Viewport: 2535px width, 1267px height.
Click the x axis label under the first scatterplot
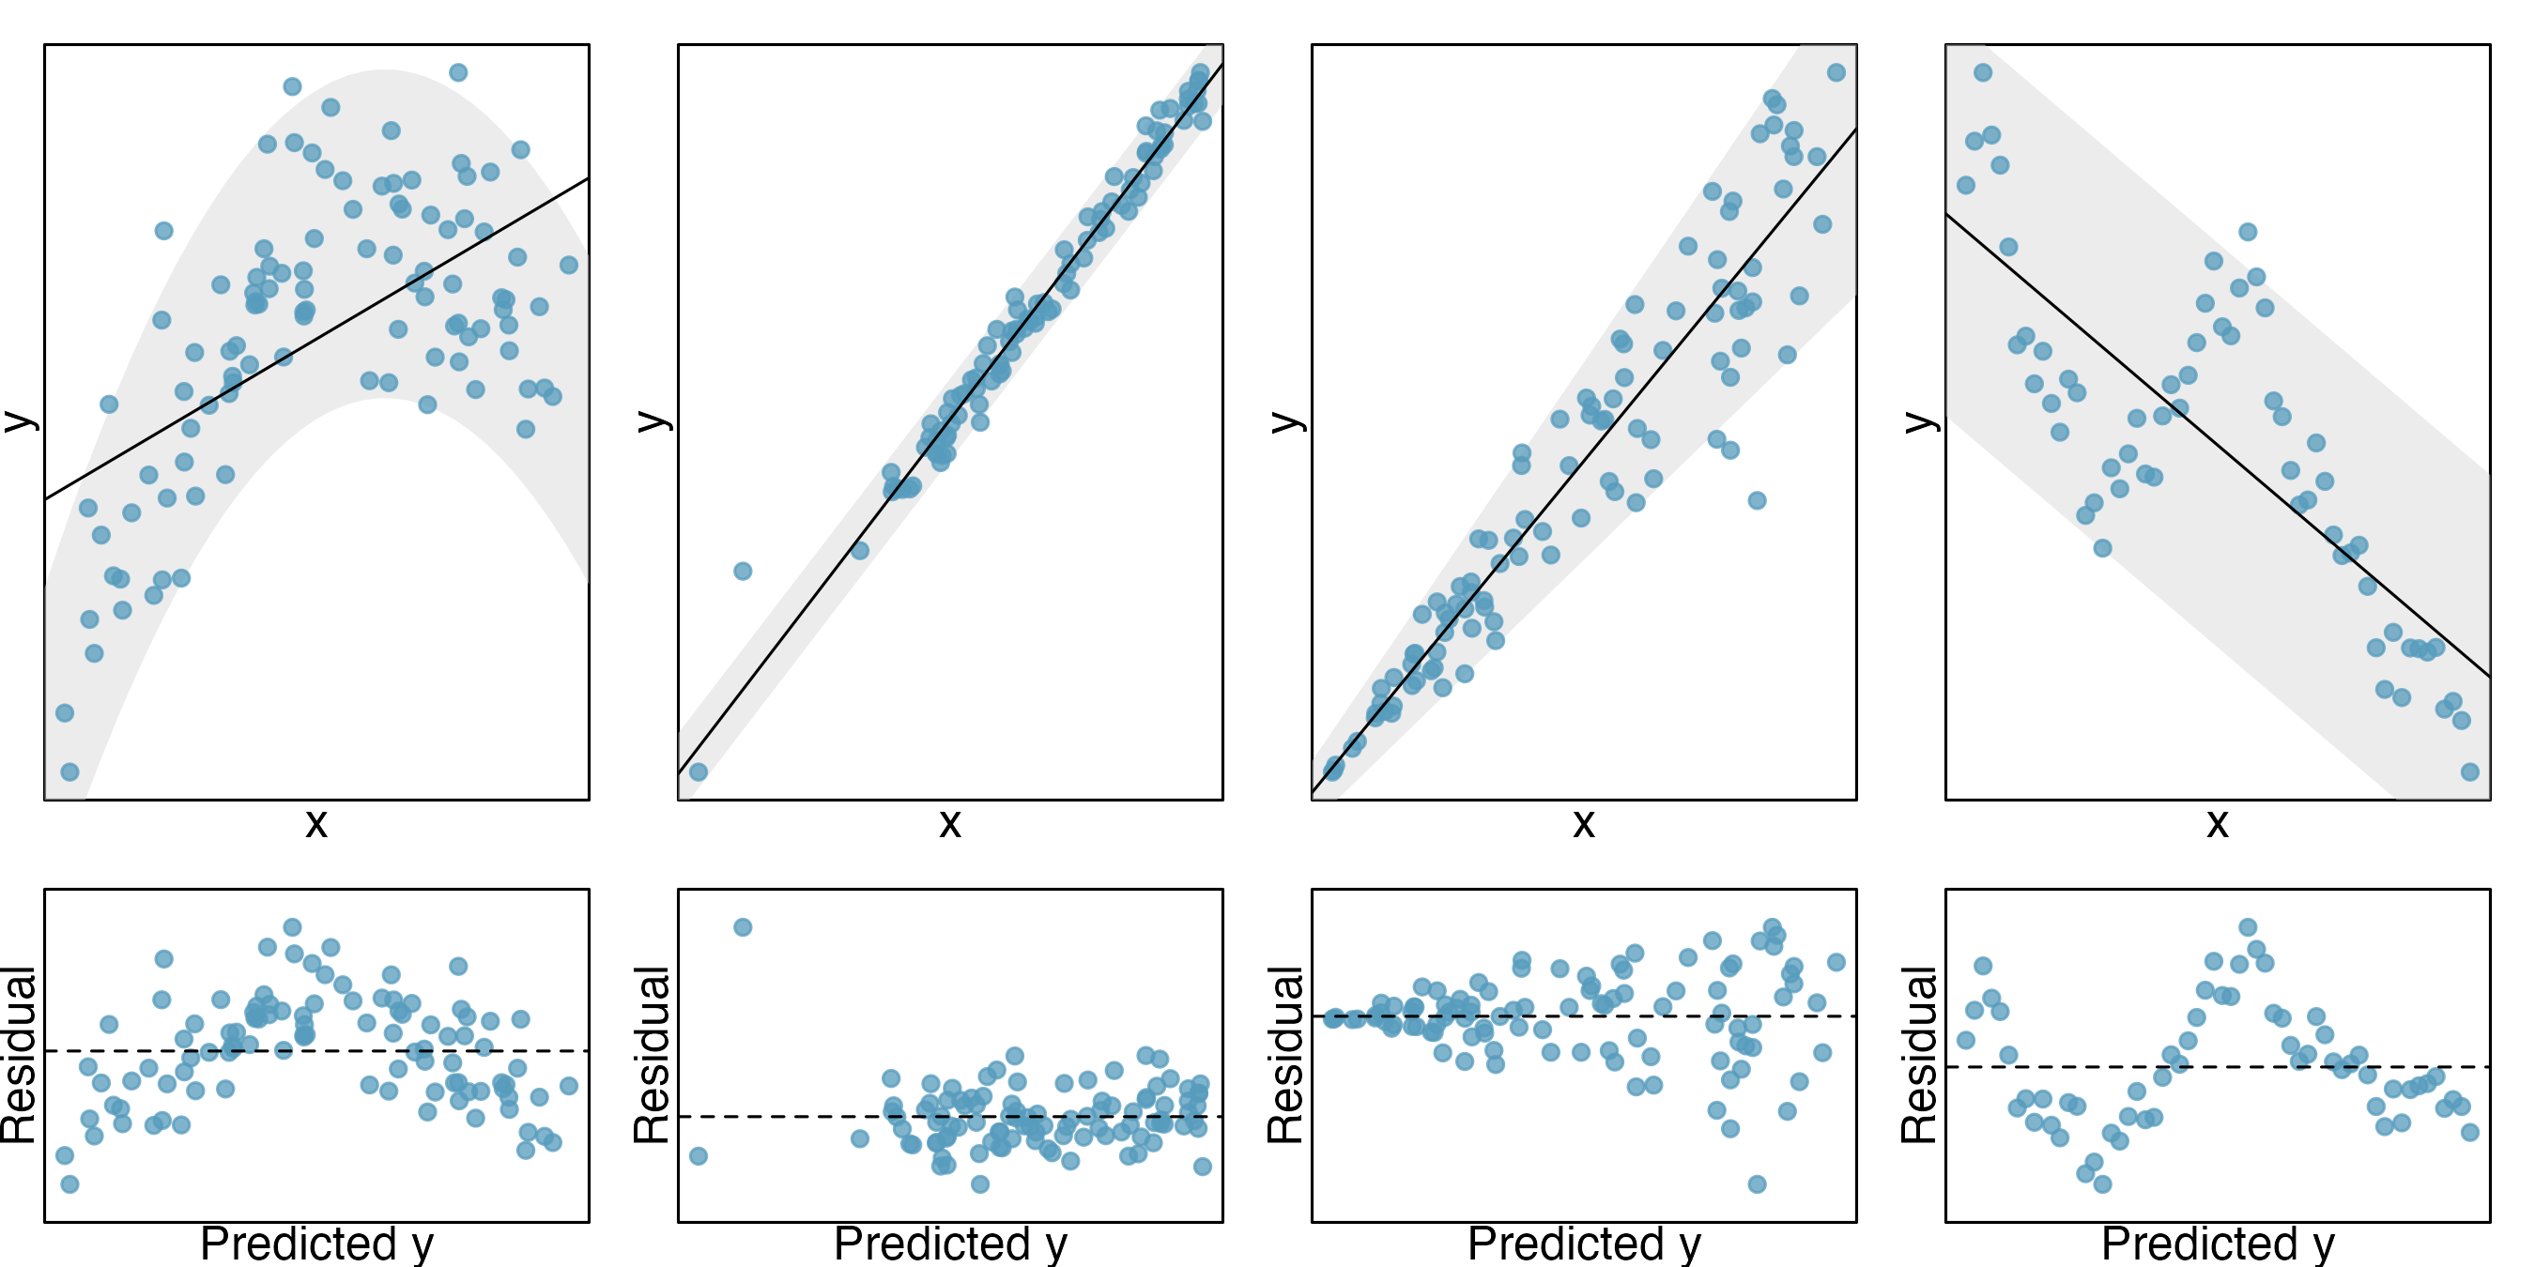[x=315, y=823]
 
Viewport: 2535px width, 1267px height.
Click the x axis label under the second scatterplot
[x=949, y=823]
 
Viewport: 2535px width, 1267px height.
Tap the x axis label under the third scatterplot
[x=1583, y=823]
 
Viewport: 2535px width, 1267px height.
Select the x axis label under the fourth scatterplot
[x=2217, y=823]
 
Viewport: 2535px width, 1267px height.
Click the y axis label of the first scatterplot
[x=20, y=421]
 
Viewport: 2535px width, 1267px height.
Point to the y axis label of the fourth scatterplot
[x=1921, y=421]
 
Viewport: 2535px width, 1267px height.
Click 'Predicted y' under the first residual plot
[x=315, y=1244]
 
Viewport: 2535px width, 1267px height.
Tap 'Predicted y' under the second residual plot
[x=949, y=1244]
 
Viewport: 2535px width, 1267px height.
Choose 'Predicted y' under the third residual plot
[x=1583, y=1244]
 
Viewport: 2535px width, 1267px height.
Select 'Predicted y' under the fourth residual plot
[x=2217, y=1244]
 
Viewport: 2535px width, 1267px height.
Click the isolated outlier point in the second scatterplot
[x=743, y=572]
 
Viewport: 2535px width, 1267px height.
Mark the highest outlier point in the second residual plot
[x=743, y=927]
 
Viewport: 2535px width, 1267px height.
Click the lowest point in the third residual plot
[x=1757, y=1184]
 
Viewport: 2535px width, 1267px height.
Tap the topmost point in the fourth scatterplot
[x=1983, y=73]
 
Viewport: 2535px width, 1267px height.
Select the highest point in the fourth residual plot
[x=2248, y=927]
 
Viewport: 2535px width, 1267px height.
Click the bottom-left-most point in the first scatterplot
[x=69, y=772]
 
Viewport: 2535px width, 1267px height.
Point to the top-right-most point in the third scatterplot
[x=1836, y=73]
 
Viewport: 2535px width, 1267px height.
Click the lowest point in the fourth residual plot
[x=2103, y=1184]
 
